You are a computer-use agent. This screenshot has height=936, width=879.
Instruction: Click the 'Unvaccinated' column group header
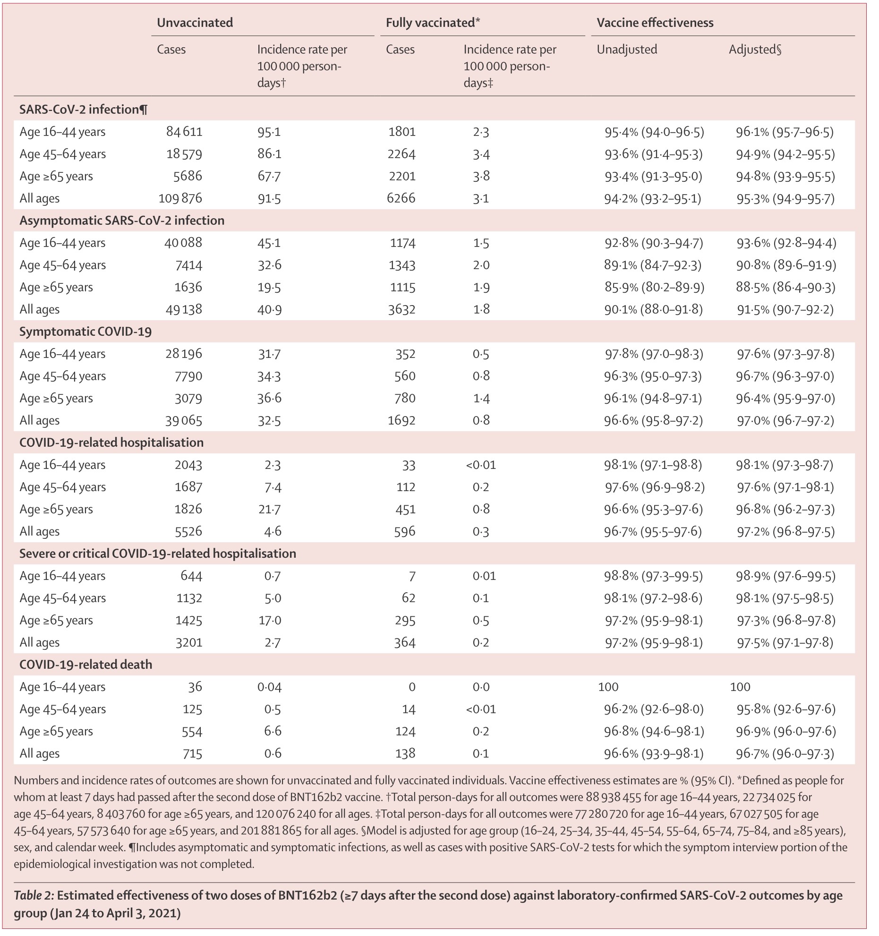point(195,23)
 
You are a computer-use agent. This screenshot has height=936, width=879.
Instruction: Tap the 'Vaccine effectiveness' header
point(655,23)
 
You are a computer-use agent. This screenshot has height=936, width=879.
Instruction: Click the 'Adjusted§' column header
point(755,50)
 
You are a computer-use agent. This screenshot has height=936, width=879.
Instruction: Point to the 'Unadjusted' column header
point(627,50)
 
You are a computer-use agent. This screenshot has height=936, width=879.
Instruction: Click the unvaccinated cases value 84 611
point(184,132)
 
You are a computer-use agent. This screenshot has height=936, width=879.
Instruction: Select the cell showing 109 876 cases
point(180,198)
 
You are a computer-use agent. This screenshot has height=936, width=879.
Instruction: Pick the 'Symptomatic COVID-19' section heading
point(85,332)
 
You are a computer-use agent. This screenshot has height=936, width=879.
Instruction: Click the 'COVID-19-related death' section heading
point(85,664)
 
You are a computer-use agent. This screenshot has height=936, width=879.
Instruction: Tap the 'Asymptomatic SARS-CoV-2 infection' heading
point(122,221)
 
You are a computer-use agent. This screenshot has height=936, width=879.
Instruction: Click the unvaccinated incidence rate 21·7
point(273,509)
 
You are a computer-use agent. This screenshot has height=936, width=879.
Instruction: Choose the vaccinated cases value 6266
point(401,198)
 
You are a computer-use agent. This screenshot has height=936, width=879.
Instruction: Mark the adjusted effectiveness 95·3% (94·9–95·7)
point(785,198)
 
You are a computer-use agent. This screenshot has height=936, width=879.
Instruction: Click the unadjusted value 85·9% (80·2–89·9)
point(654,287)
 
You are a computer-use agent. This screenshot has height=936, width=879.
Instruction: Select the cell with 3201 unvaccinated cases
point(189,642)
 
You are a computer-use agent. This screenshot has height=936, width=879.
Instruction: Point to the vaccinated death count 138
point(406,753)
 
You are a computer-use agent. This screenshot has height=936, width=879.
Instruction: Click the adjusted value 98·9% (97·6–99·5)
point(785,576)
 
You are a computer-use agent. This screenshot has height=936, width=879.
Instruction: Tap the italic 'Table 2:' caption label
point(34,895)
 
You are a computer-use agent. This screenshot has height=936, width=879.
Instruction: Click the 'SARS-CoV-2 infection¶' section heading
point(84,110)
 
